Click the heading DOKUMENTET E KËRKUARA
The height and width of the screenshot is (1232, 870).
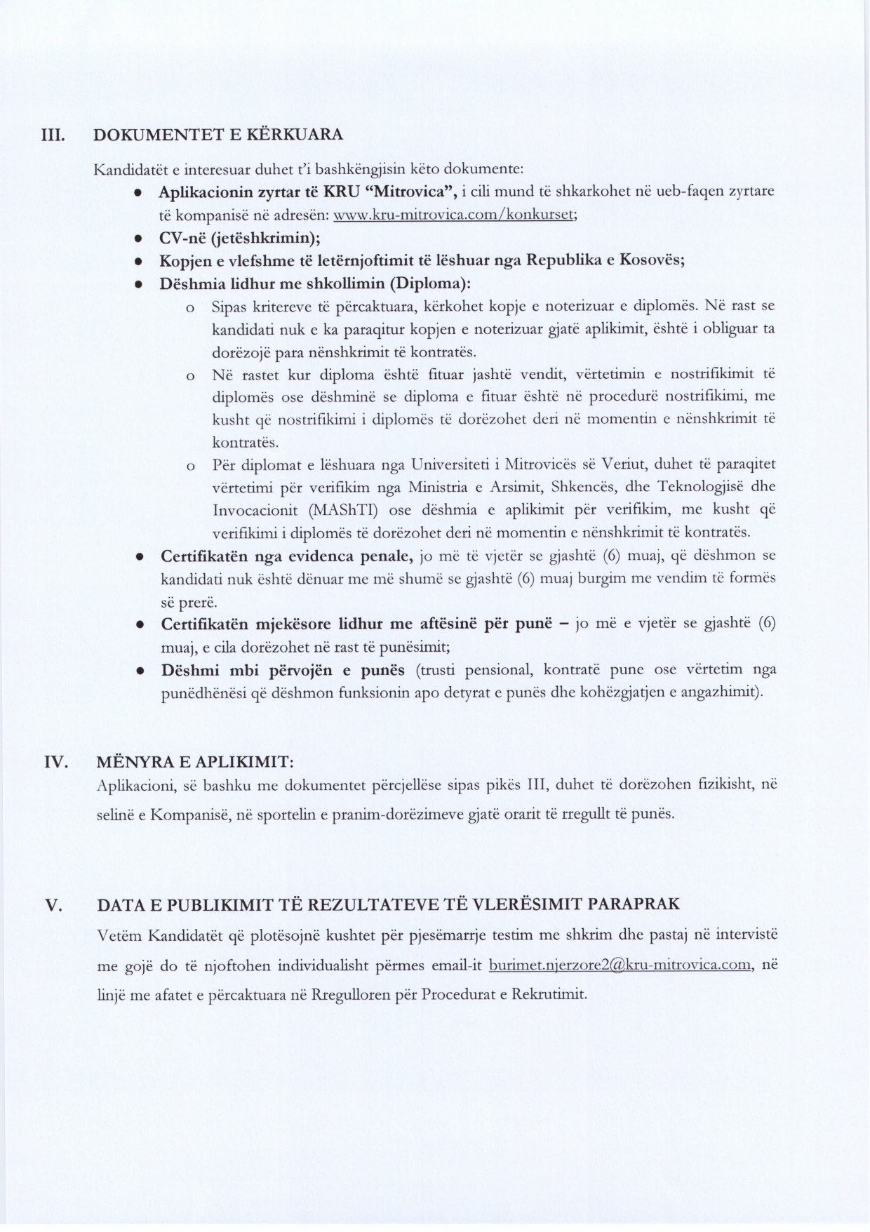[218, 134]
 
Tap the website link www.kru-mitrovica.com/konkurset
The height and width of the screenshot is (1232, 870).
[455, 215]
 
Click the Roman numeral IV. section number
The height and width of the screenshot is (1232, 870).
[56, 762]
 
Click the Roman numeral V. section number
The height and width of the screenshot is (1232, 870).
[54, 905]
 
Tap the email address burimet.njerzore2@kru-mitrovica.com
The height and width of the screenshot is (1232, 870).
[621, 965]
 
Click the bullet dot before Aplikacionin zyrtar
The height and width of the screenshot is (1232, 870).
[140, 192]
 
